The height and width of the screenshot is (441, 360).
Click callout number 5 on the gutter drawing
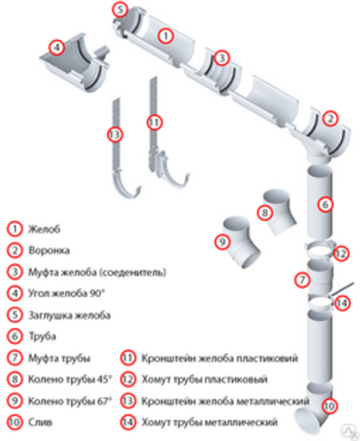pos(120,11)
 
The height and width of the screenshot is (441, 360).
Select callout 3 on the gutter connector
pos(223,58)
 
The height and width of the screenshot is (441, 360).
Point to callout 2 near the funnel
pos(330,118)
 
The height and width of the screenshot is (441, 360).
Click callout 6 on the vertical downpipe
pos(325,204)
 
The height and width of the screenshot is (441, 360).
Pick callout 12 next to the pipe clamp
pos(341,254)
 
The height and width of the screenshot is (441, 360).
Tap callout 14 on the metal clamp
pos(342,304)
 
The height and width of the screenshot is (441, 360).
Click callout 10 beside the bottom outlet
pos(329,404)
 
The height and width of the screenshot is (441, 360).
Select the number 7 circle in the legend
pos(14,358)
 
